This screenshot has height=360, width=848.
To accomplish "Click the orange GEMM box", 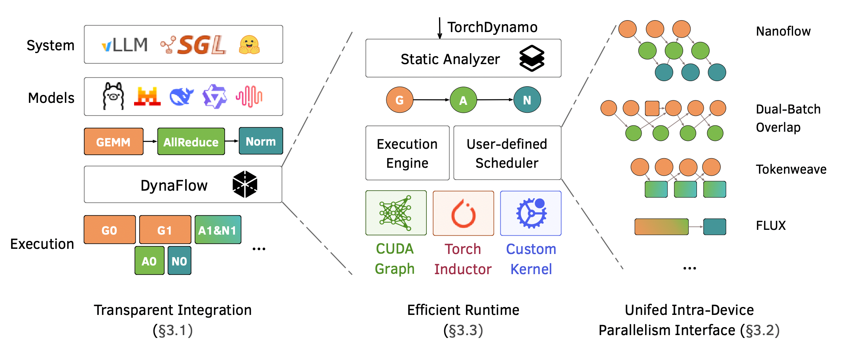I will (x=114, y=142).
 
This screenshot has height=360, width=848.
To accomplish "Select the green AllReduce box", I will (x=191, y=142).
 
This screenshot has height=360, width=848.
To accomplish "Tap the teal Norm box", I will (x=261, y=141).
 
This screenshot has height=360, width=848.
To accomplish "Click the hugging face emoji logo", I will (x=249, y=45).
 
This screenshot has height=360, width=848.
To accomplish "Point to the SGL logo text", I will (x=202, y=45).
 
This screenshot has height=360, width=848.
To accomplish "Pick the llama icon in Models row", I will (x=113, y=96).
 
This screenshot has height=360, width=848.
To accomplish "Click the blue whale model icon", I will (x=182, y=97).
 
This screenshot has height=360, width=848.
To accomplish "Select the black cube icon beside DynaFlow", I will (x=245, y=184).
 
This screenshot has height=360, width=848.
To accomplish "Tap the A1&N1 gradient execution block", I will (x=218, y=230).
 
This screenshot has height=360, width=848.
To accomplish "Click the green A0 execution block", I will (x=149, y=261).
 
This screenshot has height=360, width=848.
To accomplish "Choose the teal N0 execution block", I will (x=179, y=261).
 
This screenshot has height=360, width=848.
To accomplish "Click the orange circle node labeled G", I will (x=399, y=100).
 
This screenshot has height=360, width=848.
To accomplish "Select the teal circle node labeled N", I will (x=527, y=100).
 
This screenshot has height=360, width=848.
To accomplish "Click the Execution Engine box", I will (x=407, y=153).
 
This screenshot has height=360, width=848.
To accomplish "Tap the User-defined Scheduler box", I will (x=507, y=153).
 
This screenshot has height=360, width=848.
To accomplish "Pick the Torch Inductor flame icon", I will (x=463, y=214).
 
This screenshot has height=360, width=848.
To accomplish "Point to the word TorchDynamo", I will (x=492, y=27).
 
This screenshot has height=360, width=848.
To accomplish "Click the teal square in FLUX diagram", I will (x=714, y=227).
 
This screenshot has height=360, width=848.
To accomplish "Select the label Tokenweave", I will (x=791, y=169).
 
